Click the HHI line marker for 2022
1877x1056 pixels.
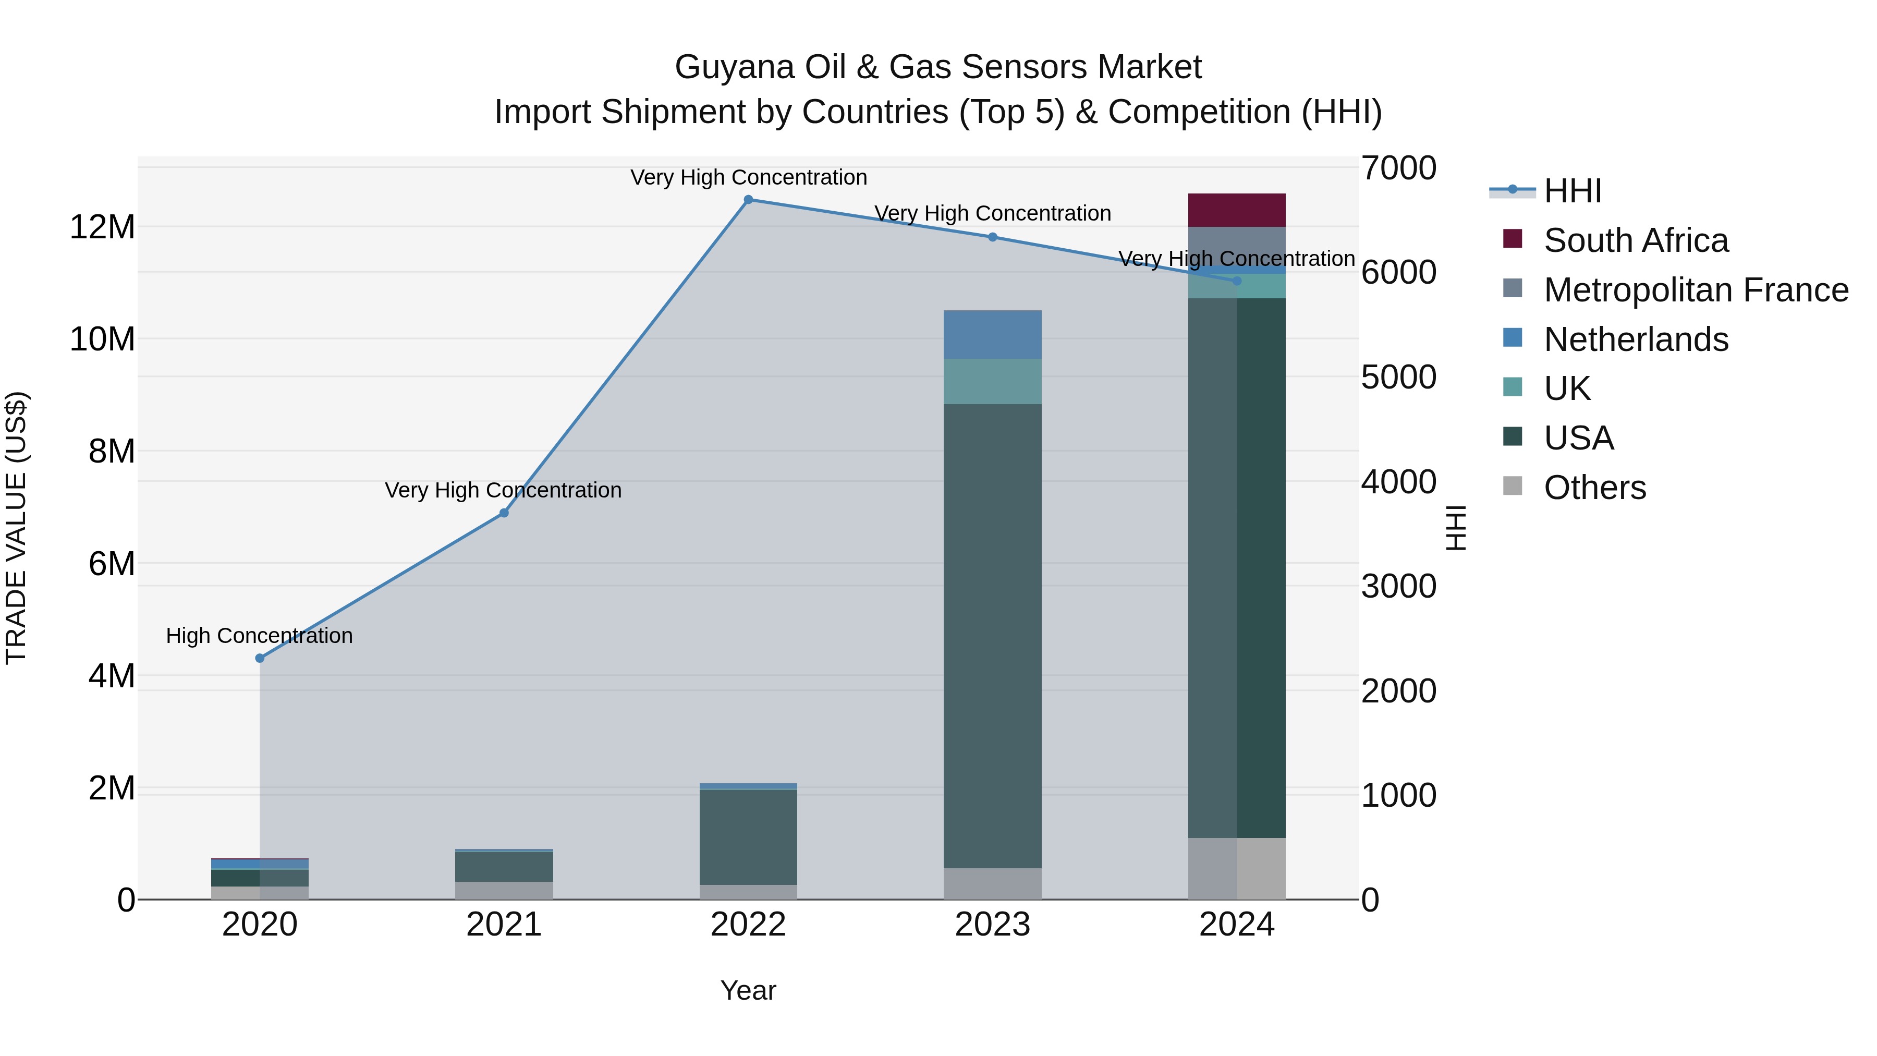click(x=748, y=200)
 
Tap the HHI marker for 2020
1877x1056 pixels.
click(x=260, y=658)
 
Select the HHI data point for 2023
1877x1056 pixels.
click(x=992, y=237)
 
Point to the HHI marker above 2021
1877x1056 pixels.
click(x=504, y=513)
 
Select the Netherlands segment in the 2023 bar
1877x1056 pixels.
click(x=992, y=334)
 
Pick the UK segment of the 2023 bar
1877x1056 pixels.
click(x=992, y=381)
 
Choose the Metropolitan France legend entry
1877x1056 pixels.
click(x=1696, y=290)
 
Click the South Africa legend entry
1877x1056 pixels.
click(x=1636, y=240)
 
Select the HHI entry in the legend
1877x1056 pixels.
click(x=1573, y=191)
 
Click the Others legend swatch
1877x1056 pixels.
click(x=1513, y=486)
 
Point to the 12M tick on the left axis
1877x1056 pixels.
click(x=102, y=227)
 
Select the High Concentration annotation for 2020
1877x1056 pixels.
click(x=260, y=636)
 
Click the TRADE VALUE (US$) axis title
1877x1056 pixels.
click(x=16, y=528)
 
